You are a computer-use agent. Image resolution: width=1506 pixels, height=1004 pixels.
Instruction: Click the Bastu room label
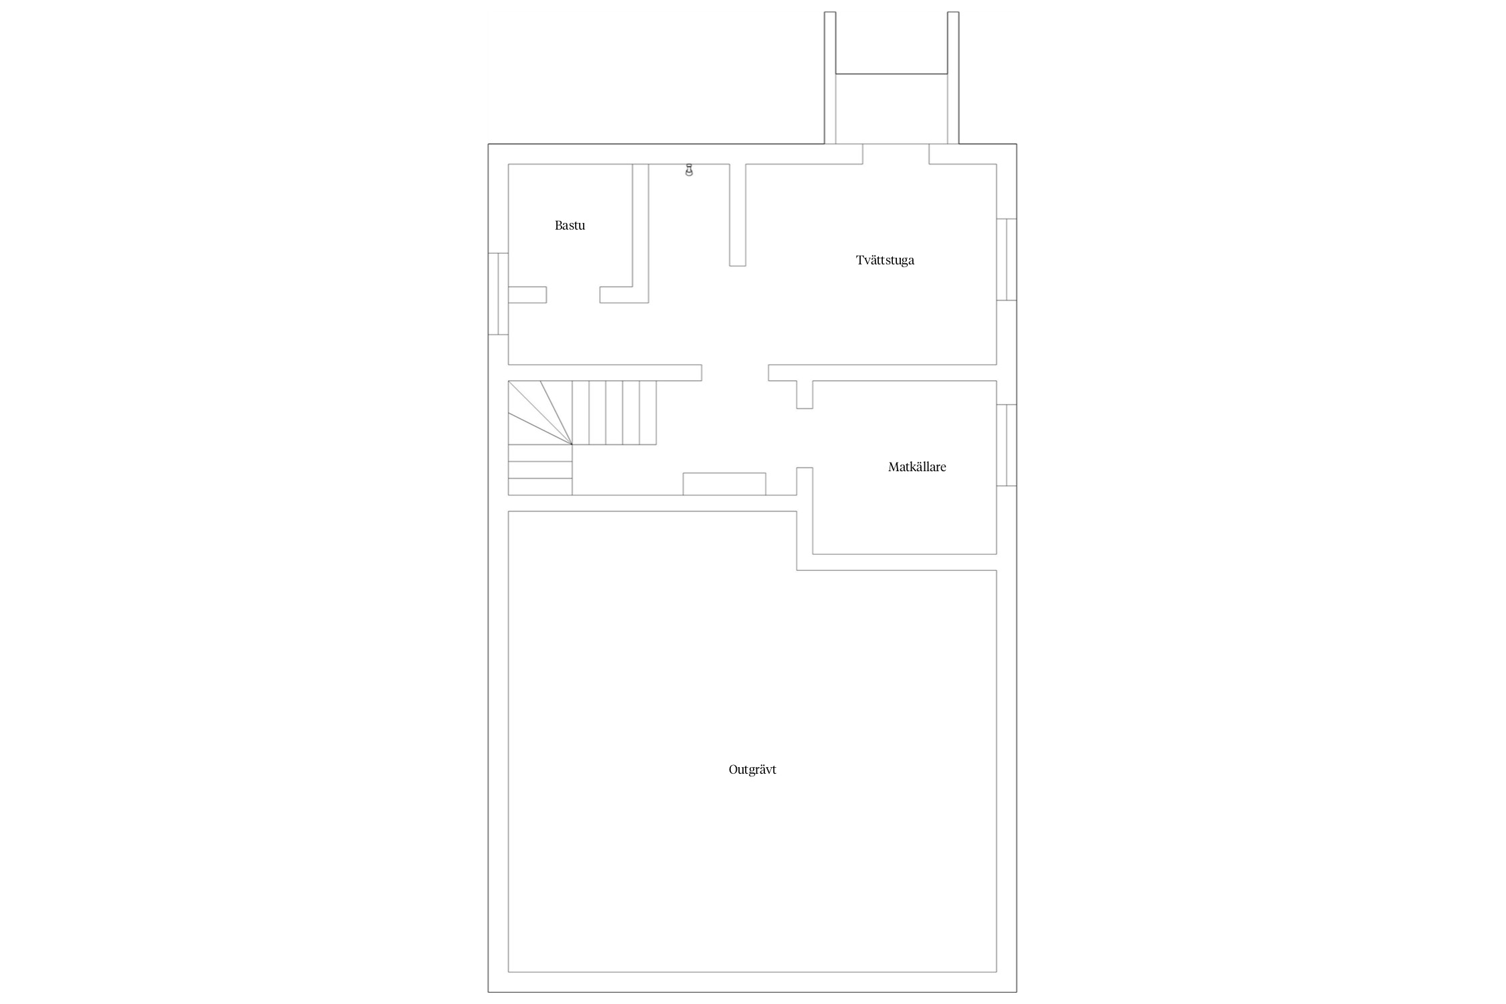[x=570, y=226]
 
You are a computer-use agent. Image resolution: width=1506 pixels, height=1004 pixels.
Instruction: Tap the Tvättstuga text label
[x=885, y=260]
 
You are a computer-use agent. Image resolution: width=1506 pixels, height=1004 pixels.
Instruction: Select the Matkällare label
[x=917, y=467]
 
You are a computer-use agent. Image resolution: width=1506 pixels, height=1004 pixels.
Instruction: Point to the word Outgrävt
[x=752, y=770]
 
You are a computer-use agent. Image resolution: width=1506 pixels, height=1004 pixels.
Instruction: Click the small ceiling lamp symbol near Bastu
[x=689, y=170]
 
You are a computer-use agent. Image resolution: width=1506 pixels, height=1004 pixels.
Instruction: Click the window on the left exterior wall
[x=498, y=294]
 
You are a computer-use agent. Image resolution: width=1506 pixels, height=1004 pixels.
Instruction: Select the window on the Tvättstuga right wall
[x=1007, y=259]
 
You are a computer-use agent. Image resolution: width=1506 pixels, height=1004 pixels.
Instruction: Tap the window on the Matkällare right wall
[x=1007, y=445]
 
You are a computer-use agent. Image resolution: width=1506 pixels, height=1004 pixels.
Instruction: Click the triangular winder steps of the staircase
[x=540, y=413]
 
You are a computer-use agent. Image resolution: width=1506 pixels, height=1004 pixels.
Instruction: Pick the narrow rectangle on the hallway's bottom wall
[x=724, y=484]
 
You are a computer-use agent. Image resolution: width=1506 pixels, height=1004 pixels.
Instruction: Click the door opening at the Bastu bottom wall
[x=573, y=295]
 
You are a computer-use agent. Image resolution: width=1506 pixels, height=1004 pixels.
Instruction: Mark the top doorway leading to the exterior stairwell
[x=896, y=154]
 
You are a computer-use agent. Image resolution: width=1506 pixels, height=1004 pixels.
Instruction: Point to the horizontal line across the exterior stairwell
[x=892, y=74]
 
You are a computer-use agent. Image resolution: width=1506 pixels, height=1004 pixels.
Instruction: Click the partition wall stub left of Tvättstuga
[x=738, y=215]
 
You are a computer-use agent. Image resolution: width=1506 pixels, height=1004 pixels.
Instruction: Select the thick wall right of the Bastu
[x=641, y=233]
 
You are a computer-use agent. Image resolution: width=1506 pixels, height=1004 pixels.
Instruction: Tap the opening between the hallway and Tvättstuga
[x=735, y=373]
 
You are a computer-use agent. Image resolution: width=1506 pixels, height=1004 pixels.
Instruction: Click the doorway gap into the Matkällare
[x=805, y=438]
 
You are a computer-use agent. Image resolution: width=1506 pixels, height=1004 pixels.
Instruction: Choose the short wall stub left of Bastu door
[x=527, y=295]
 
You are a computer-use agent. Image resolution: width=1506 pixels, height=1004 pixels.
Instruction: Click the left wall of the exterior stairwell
[x=830, y=78]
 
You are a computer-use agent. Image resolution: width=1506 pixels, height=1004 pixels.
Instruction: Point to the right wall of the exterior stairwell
[x=953, y=78]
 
